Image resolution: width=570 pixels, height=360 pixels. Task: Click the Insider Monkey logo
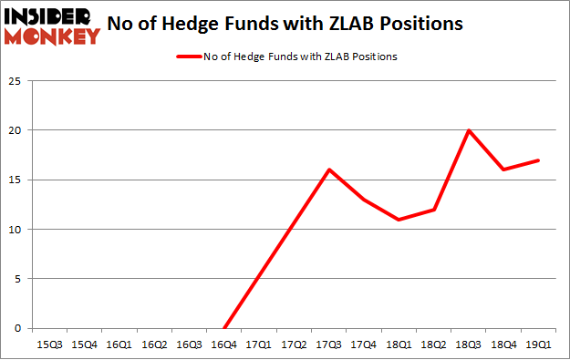click(52, 26)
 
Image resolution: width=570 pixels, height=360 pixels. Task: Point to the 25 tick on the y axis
click(17, 80)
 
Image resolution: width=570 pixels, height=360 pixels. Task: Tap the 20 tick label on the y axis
click(17, 130)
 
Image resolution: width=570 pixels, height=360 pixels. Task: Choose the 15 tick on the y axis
click(17, 180)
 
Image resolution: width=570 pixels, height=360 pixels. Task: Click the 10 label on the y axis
click(17, 230)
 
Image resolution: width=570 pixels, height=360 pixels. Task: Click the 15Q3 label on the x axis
click(50, 345)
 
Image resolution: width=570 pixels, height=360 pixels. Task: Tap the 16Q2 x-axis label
click(154, 345)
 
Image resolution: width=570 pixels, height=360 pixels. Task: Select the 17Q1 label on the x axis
click(259, 345)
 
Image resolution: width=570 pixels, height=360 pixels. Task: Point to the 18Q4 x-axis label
click(503, 345)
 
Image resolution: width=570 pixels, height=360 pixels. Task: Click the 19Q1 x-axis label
click(537, 345)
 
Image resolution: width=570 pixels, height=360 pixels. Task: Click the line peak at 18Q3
click(468, 130)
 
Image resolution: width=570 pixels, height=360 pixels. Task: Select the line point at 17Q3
click(328, 170)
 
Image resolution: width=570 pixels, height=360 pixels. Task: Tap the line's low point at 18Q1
click(399, 220)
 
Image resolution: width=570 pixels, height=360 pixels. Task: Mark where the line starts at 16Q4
click(224, 328)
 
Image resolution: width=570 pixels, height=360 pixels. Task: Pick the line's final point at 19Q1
click(537, 160)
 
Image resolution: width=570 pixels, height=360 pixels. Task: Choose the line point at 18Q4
click(503, 170)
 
